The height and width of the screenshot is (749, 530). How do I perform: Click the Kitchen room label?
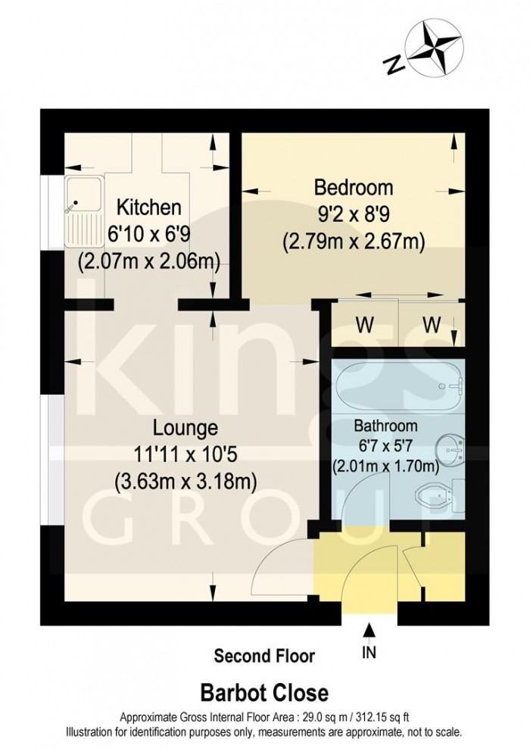coord(148,207)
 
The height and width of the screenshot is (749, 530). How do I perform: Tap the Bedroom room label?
coord(354,186)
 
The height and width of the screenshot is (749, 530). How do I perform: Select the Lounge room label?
coord(185,427)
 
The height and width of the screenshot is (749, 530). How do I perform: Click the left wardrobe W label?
coord(366,325)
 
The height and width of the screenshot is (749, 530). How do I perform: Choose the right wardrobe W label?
coord(432,325)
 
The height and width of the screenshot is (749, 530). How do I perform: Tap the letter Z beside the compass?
coord(394,66)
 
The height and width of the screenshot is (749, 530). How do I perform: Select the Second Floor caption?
coord(264,655)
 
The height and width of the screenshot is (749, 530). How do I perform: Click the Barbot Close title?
coord(264,692)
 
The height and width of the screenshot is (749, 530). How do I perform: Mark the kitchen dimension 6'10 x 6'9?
coord(149,233)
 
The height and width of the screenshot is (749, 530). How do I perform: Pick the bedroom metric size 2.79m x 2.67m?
coord(354,242)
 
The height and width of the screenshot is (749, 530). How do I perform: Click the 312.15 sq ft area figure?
coord(373,716)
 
